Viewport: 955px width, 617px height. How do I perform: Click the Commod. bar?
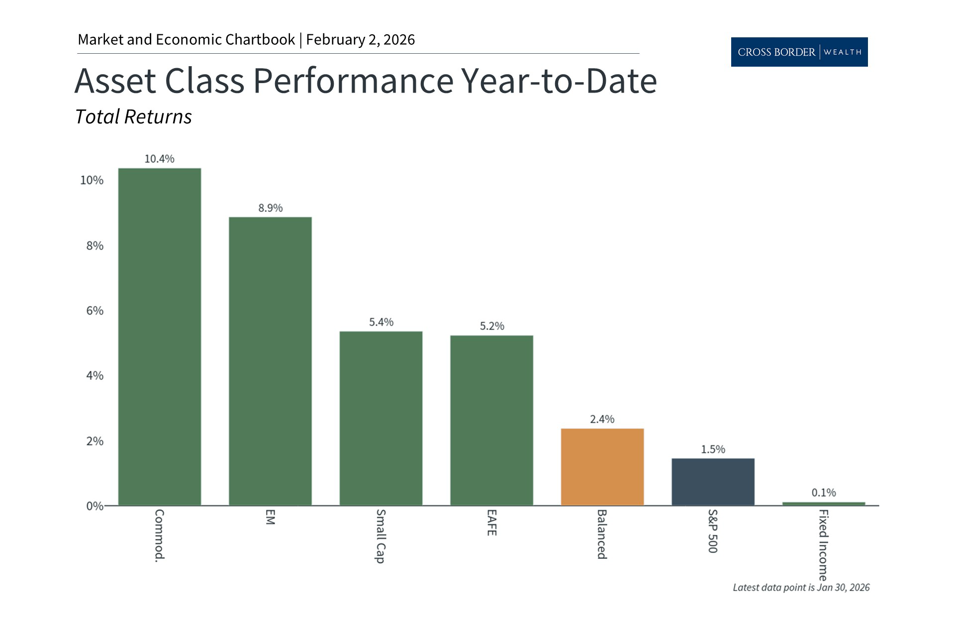click(160, 337)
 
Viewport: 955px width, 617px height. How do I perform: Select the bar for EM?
click(270, 361)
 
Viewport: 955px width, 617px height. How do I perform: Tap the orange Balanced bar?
click(602, 467)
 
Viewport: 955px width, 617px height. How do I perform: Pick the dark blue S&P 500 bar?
click(713, 482)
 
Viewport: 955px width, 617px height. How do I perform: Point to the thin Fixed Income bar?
click(824, 504)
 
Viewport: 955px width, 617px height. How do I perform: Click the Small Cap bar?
click(381, 418)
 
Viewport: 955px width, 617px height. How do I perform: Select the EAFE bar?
click(491, 420)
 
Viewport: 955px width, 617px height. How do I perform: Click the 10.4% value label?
click(159, 159)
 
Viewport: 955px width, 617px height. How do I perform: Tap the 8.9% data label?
click(270, 208)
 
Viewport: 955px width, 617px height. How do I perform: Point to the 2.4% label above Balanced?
click(602, 419)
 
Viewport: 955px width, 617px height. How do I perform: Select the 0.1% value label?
click(824, 493)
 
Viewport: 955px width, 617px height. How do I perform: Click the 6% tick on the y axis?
click(95, 311)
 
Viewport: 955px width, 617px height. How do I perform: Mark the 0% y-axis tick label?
click(95, 506)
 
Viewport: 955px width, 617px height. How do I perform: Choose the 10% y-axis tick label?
click(92, 180)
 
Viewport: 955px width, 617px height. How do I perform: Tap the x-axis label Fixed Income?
click(823, 545)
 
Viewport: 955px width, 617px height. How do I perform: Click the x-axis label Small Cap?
click(381, 536)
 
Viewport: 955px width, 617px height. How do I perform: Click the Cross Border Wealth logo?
click(799, 52)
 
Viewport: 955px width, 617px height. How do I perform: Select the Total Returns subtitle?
click(133, 117)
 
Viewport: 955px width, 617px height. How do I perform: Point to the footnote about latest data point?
click(801, 588)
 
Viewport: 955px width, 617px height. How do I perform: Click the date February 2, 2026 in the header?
click(361, 40)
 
